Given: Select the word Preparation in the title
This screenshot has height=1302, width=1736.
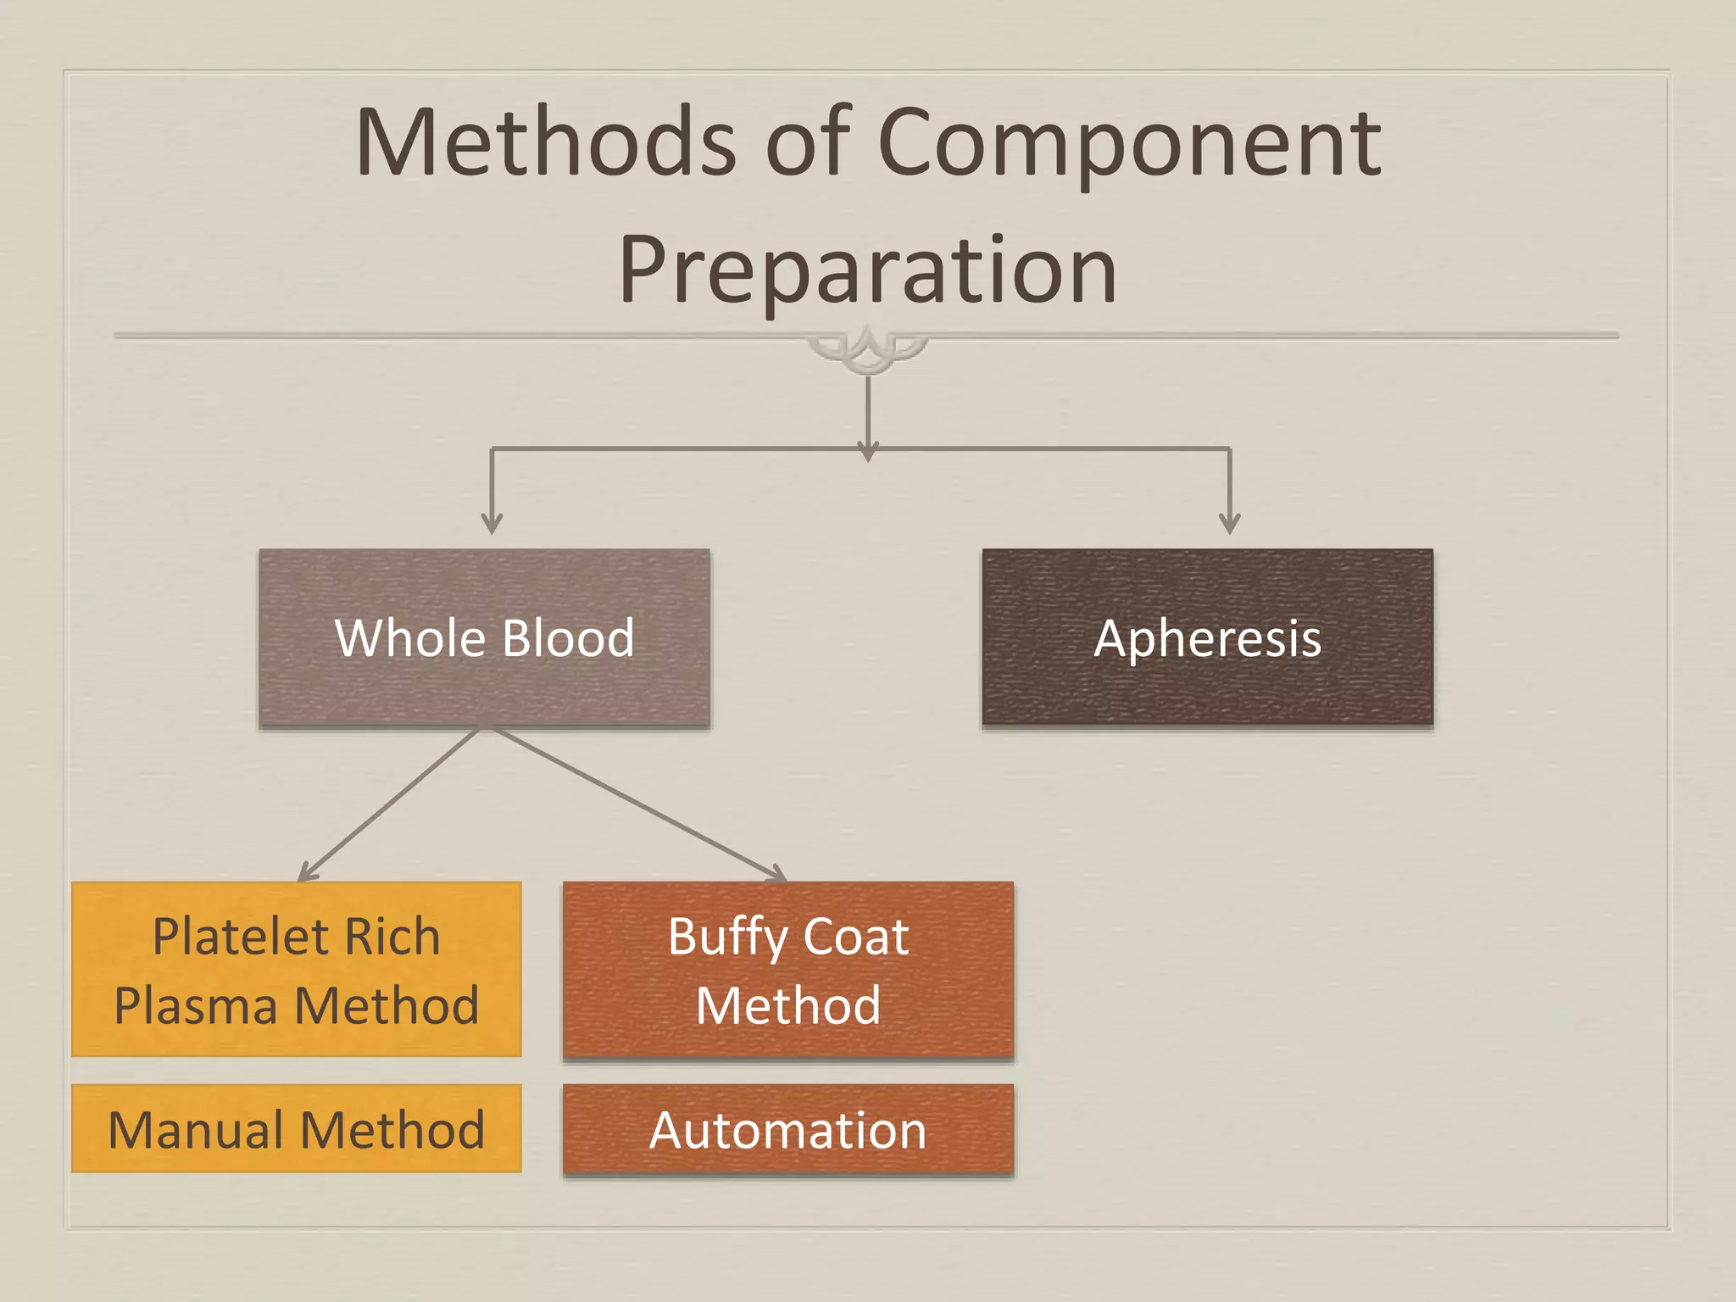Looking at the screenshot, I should click(x=867, y=270).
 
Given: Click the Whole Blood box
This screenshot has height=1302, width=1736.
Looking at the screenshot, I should click(x=484, y=637).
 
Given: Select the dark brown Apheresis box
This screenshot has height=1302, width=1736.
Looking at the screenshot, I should click(x=1207, y=637).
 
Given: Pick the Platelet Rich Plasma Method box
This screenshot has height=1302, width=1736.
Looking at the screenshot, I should click(x=296, y=969).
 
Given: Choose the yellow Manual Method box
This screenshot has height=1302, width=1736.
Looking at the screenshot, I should click(x=296, y=1128).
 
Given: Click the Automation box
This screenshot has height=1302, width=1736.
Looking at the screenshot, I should click(x=787, y=1129).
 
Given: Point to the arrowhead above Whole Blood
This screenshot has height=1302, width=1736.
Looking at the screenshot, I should click(x=492, y=522).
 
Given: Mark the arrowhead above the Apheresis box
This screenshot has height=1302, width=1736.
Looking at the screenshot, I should click(x=1229, y=522).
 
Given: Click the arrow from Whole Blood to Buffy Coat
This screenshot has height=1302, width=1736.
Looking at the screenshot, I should click(x=636, y=803).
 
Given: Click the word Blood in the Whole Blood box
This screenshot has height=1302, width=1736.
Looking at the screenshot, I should click(x=568, y=637).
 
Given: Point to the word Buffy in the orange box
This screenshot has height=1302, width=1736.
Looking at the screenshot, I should click(x=727, y=938).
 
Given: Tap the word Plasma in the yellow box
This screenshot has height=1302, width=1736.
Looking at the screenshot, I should click(x=196, y=1005).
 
